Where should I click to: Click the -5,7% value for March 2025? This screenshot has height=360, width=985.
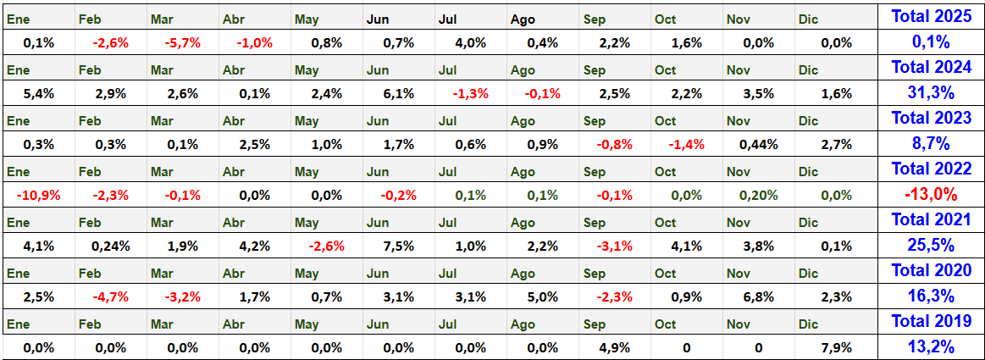tap(183, 43)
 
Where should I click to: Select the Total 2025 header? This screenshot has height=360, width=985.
tap(932, 17)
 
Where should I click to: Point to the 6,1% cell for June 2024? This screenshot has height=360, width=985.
tap(398, 94)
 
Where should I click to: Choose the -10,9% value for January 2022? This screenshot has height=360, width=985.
tap(39, 196)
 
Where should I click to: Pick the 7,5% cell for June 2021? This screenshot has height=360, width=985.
tap(398, 246)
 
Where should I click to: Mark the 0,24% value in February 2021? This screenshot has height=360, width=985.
tap(111, 246)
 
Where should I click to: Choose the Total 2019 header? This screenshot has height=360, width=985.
tap(932, 321)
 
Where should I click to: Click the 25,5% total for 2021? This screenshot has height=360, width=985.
tap(932, 245)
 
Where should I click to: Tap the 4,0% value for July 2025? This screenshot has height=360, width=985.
tap(471, 43)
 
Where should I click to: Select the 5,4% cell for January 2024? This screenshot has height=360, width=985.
tap(39, 94)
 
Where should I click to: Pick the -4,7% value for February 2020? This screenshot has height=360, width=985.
tap(111, 296)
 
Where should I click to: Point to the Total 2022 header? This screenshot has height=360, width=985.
tap(932, 169)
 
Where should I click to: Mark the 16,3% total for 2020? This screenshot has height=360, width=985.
tap(932, 296)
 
